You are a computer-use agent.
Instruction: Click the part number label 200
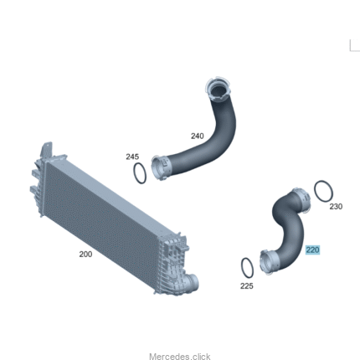[85, 255]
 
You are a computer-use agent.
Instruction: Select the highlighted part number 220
[312, 249]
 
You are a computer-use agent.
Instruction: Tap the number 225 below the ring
[247, 285]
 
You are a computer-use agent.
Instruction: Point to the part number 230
[336, 207]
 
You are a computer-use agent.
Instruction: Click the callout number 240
[198, 136]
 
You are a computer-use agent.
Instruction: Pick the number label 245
[132, 157]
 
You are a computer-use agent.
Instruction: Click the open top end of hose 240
[219, 90]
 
